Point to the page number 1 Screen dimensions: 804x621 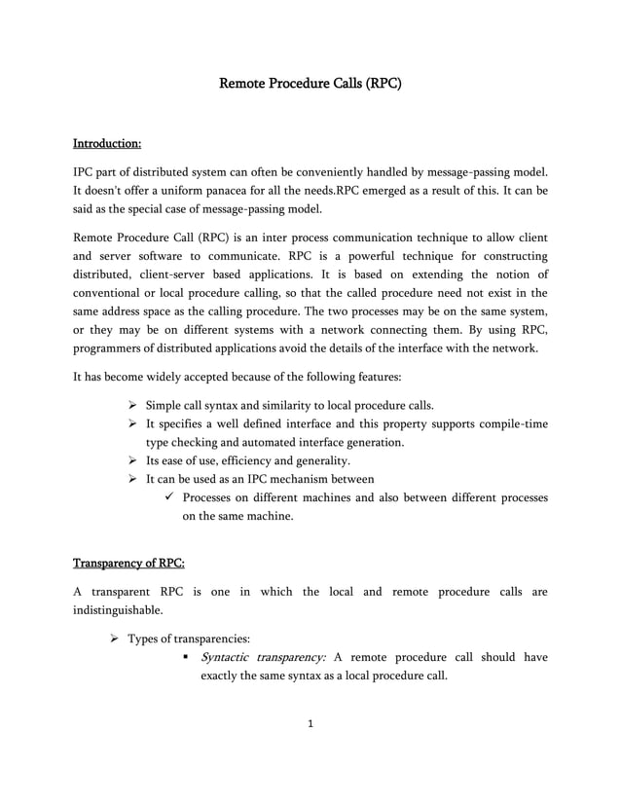(310, 723)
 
